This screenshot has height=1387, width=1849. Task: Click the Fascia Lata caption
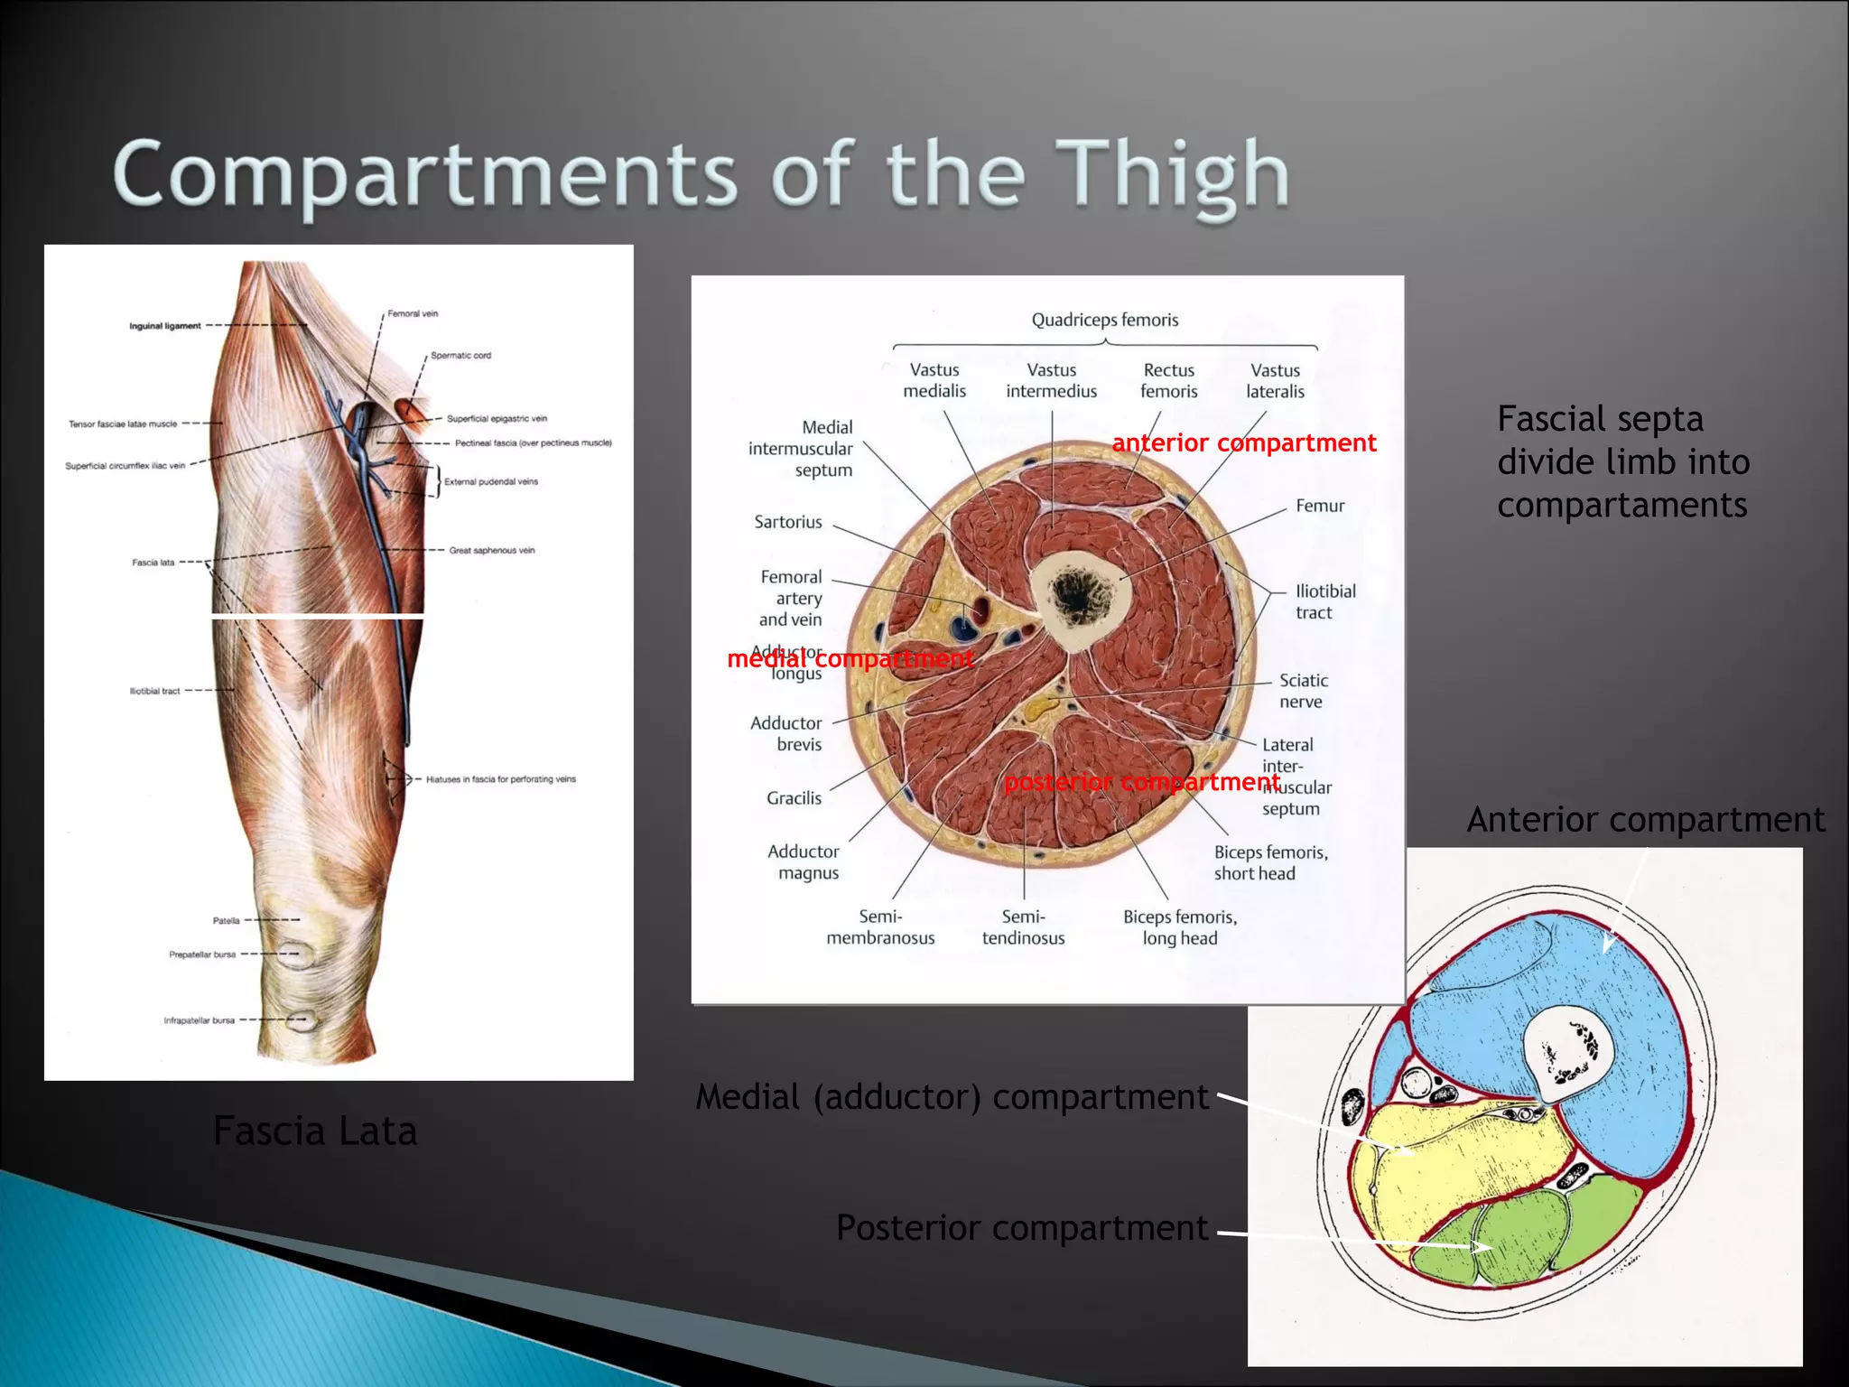[x=315, y=1131]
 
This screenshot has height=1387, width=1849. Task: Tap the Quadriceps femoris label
[x=1104, y=320]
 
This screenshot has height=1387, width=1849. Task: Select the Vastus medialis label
[x=934, y=380]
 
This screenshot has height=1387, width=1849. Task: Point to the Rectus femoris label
[x=1168, y=380]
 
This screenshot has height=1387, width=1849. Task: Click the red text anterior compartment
[x=1243, y=443]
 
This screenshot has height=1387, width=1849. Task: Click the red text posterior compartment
[x=1141, y=782]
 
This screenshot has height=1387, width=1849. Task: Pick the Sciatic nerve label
[x=1302, y=691]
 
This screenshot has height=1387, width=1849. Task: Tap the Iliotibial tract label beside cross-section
[x=1324, y=601]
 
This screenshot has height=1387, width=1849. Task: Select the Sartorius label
[x=788, y=522]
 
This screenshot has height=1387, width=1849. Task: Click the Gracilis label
[x=794, y=798]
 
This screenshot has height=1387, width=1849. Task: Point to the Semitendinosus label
[x=1023, y=927]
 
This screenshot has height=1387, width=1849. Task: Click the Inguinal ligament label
[x=165, y=326]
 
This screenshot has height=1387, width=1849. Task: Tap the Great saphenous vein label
[x=491, y=550]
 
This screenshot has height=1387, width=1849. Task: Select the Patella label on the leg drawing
[x=226, y=921]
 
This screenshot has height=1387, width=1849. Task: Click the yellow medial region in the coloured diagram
[x=1463, y=1165]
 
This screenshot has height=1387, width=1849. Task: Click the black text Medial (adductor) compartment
[x=952, y=1097]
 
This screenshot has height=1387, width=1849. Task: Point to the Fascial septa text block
[x=1622, y=461]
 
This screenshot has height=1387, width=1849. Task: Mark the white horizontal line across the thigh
[x=318, y=616]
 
